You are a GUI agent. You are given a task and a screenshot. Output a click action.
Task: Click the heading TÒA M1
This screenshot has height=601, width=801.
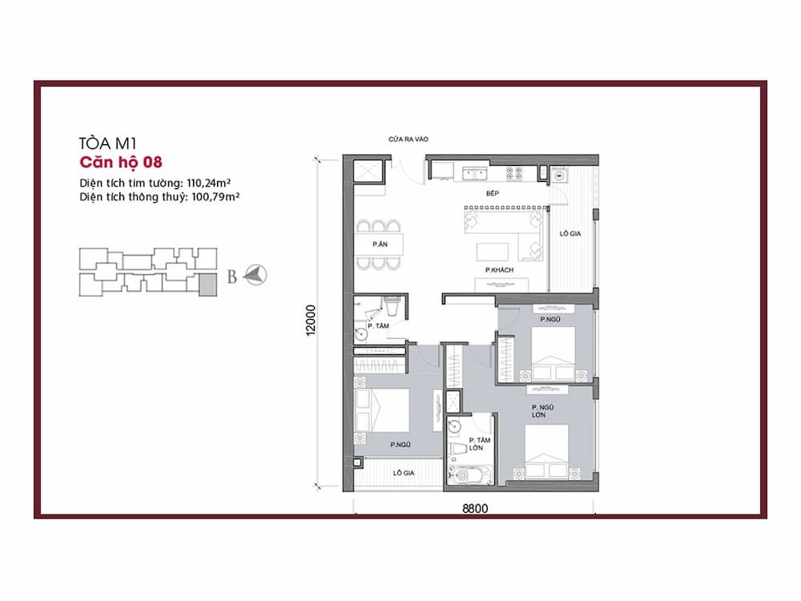(x=108, y=143)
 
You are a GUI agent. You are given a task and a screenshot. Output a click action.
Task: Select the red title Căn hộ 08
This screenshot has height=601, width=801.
(x=121, y=162)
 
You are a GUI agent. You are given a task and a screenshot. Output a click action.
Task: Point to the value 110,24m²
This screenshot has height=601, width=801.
(x=208, y=183)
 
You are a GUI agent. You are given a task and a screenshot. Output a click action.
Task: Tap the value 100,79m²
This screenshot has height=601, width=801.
(x=215, y=197)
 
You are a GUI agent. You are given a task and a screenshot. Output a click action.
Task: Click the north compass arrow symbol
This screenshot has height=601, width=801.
(x=255, y=275)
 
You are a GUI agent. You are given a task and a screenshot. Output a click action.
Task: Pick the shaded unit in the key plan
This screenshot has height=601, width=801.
(x=207, y=284)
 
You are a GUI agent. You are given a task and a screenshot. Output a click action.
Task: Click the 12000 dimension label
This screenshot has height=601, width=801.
(x=311, y=321)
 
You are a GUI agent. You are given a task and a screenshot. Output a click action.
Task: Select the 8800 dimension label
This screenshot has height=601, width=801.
(x=475, y=509)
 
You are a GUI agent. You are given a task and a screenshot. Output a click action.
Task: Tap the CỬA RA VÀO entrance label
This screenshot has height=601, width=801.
(x=409, y=139)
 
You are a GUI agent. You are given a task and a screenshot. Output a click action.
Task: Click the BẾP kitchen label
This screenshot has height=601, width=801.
(x=493, y=193)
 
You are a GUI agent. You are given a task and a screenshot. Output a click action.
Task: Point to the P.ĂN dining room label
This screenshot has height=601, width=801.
(x=380, y=244)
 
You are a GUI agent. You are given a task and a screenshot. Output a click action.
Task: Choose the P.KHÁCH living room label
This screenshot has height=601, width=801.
(x=499, y=270)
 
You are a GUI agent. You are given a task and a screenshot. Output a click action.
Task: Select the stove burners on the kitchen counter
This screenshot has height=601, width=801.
(x=514, y=174)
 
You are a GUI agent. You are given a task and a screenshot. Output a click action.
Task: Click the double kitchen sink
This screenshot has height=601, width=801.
(x=475, y=174)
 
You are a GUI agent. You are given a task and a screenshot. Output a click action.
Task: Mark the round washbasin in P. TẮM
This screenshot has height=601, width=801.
(x=360, y=334)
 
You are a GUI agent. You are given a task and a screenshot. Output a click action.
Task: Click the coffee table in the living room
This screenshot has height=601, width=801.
(x=493, y=252)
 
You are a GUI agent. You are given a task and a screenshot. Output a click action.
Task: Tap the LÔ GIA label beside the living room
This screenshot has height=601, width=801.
(x=570, y=233)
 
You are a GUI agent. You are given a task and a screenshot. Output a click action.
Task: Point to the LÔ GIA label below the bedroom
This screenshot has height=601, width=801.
(x=404, y=473)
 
